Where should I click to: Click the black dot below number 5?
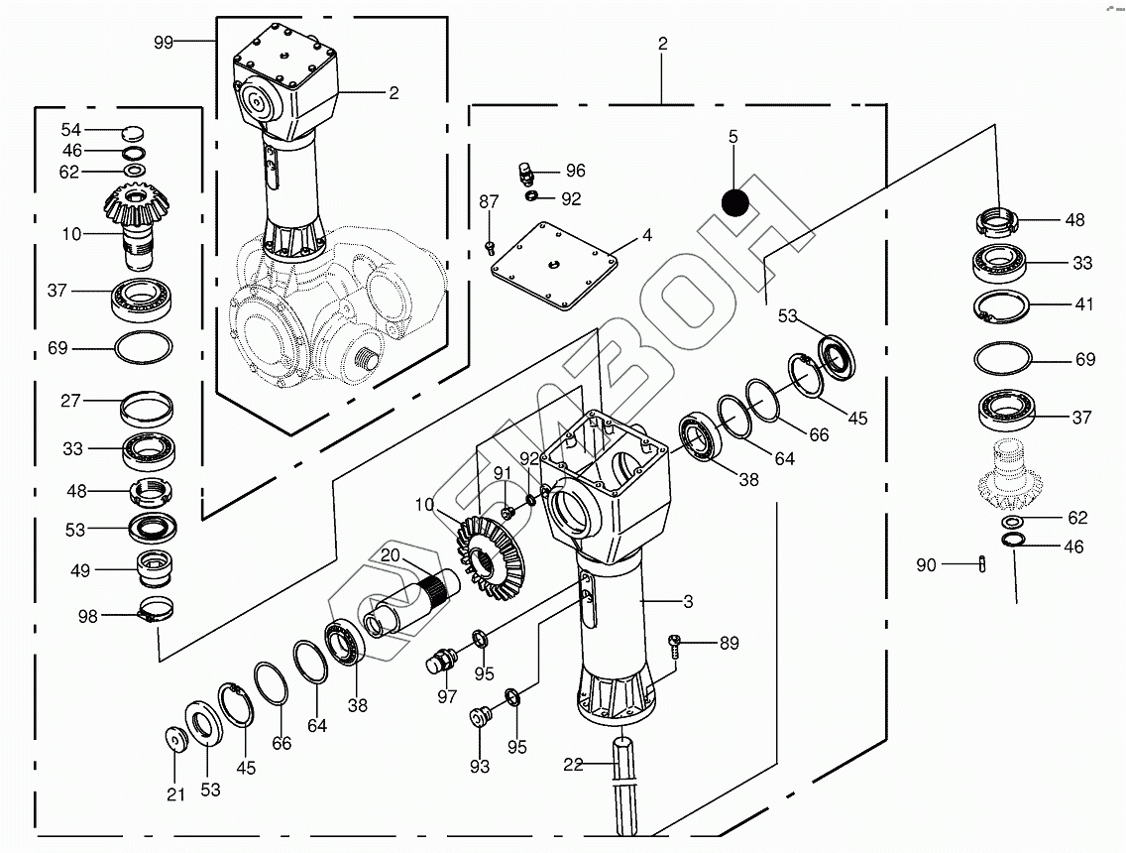coord(734,201)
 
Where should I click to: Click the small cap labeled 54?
coord(133,131)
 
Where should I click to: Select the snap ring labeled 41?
coord(1002,306)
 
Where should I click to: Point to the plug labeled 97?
coord(443,660)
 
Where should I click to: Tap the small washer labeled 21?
coord(175,739)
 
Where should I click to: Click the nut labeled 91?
coord(506,513)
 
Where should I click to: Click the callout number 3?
coord(688,602)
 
